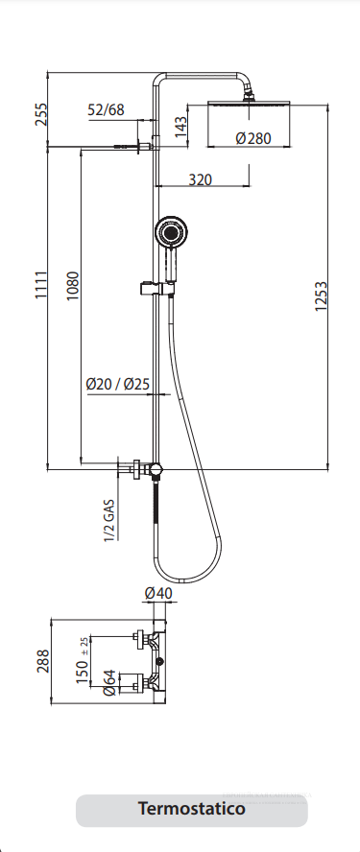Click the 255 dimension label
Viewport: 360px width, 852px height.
click(41, 113)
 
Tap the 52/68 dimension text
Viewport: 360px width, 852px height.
click(106, 109)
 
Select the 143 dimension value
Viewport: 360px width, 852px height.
click(181, 127)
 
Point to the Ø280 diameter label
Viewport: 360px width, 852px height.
click(252, 138)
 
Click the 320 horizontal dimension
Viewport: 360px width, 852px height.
click(200, 179)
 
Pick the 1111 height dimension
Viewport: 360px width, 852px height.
click(41, 284)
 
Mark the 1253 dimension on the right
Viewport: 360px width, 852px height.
click(321, 296)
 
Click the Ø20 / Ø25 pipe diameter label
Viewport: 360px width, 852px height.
click(117, 384)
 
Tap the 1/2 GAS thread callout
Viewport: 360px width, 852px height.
click(109, 520)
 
